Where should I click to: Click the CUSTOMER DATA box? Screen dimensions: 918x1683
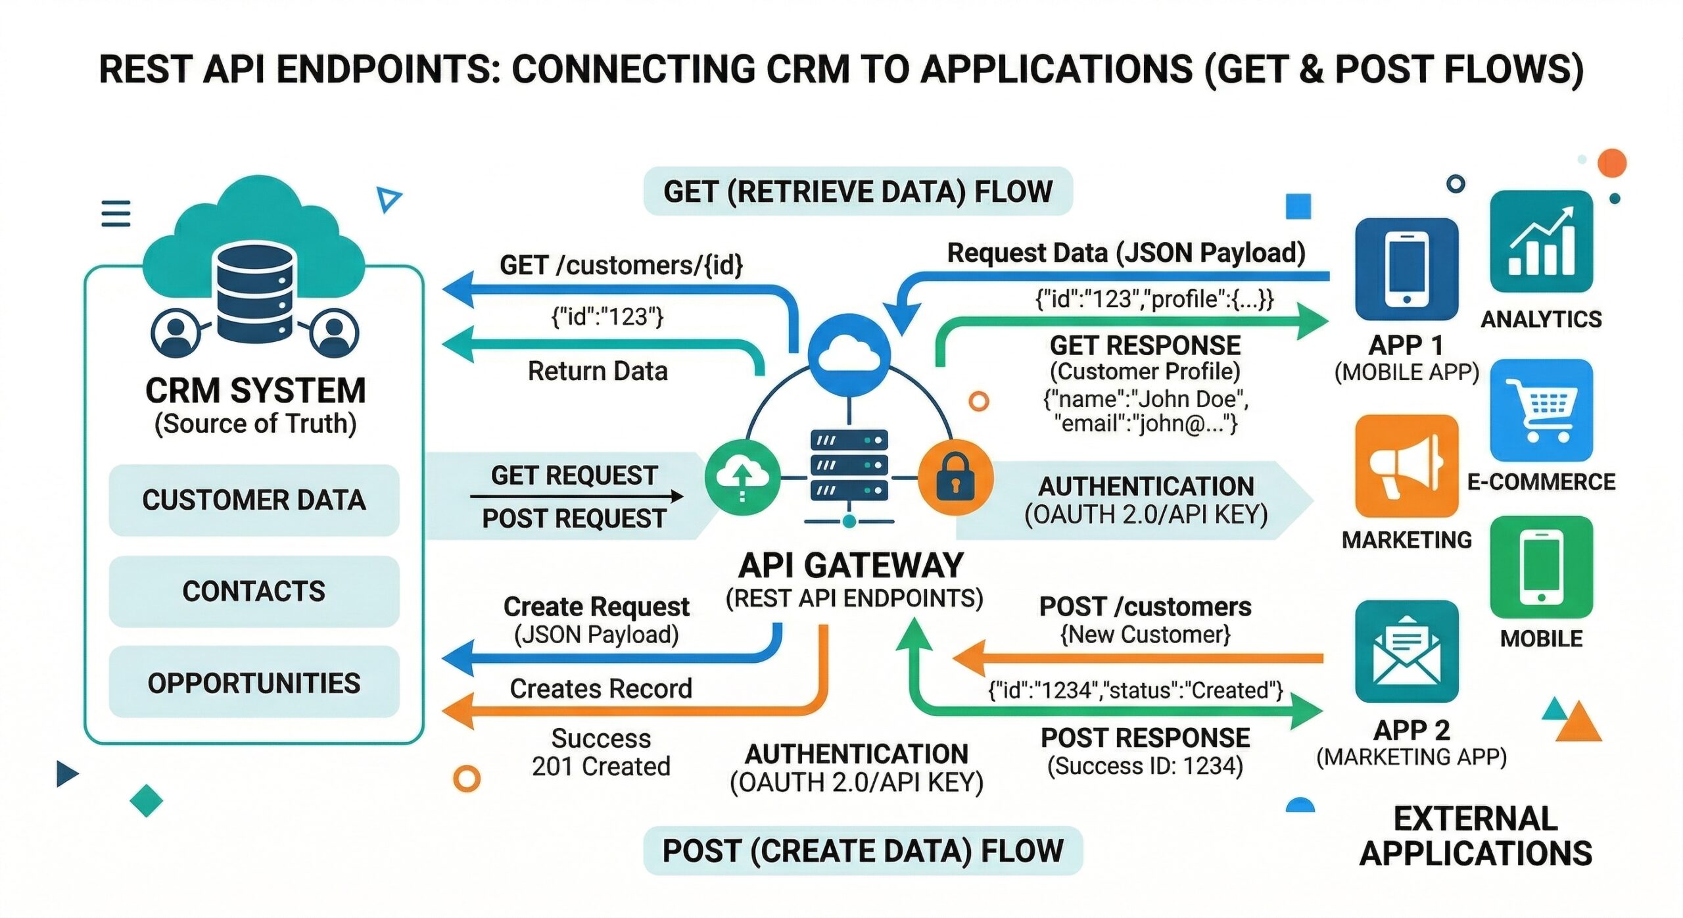(x=254, y=500)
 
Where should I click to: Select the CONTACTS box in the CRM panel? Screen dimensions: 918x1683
(x=254, y=591)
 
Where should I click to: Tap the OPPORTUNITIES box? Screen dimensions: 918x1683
(x=254, y=683)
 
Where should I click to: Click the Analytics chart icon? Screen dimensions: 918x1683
(x=1541, y=242)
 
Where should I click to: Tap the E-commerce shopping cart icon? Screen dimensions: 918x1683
(x=1541, y=410)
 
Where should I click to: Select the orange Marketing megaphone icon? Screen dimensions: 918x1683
(x=1406, y=466)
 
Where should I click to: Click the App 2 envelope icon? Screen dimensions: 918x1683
(x=1406, y=652)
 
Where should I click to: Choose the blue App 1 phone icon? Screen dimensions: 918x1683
(x=1406, y=270)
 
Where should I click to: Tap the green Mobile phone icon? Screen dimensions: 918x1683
(x=1541, y=568)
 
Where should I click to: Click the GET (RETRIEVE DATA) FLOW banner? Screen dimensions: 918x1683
(x=857, y=191)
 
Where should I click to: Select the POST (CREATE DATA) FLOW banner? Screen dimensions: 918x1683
(x=862, y=851)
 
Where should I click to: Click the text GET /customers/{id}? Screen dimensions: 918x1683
(x=621, y=266)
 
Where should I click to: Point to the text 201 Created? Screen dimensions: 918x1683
(x=601, y=767)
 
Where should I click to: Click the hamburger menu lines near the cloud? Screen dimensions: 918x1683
(x=116, y=214)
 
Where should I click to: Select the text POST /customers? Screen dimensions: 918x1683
(x=1145, y=606)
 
